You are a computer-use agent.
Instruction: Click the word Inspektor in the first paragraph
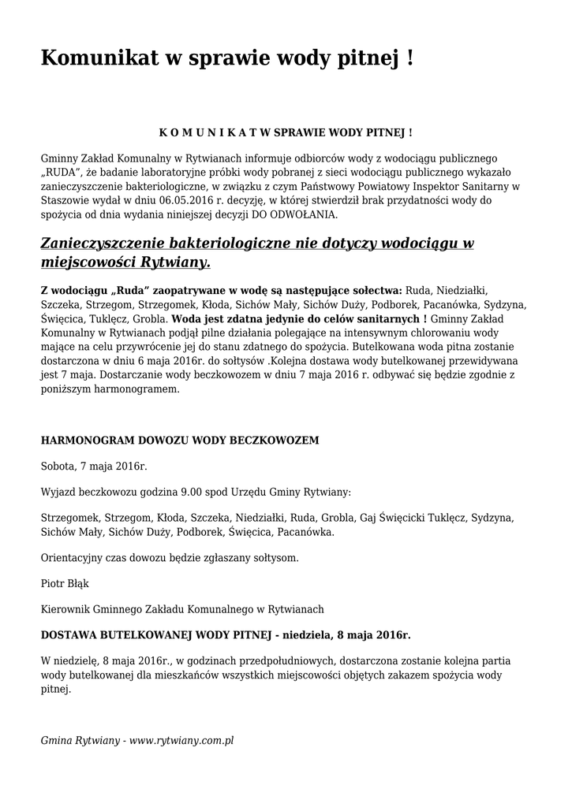tap(436, 186)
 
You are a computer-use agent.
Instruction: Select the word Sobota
tap(58, 467)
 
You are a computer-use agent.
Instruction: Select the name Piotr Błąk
tap(65, 583)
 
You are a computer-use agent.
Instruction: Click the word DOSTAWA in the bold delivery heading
tap(69, 634)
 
